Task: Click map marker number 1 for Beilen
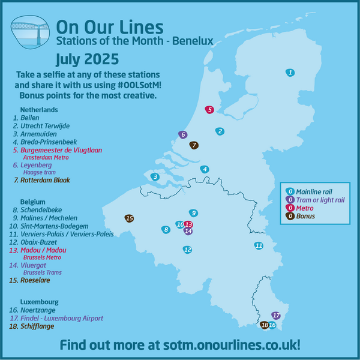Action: (290, 73)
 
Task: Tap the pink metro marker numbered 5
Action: (209, 109)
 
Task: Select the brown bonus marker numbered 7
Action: (194, 145)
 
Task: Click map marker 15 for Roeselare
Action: (129, 218)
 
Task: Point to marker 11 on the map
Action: (259, 245)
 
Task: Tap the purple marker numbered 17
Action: (276, 315)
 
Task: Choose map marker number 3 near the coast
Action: (155, 176)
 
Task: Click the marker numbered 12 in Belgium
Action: (187, 249)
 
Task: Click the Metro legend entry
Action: (306, 208)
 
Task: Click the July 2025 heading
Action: (87, 59)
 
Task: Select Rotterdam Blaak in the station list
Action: (46, 180)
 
